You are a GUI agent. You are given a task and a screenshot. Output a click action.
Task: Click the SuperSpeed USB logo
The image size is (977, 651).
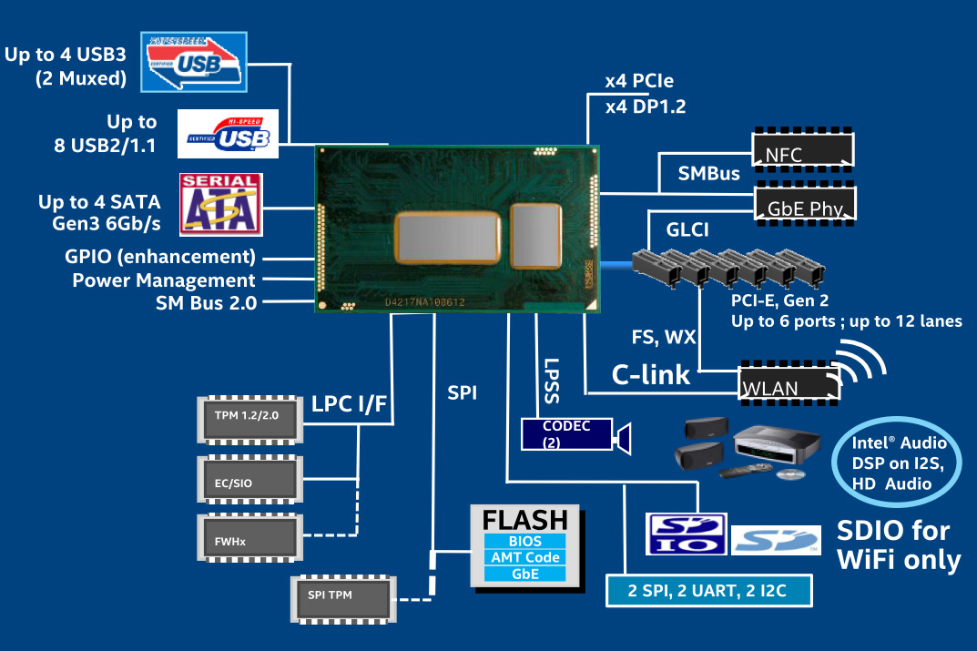pyautogui.click(x=194, y=61)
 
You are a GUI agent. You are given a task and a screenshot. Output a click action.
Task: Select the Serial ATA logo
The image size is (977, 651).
pyautogui.click(x=221, y=202)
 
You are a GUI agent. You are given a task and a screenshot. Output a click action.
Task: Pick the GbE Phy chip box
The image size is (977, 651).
pyautogui.click(x=805, y=206)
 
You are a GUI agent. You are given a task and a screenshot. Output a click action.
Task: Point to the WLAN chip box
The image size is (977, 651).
pyautogui.click(x=789, y=384)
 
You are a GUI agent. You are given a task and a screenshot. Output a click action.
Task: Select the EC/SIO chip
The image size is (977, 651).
pyautogui.click(x=249, y=481)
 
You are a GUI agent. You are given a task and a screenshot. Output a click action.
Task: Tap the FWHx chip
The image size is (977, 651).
pyautogui.click(x=249, y=540)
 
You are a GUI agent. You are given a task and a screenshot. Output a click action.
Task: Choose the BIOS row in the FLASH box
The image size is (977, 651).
pyautogui.click(x=524, y=542)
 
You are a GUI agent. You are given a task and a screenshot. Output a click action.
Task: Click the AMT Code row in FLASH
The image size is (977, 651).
pyautogui.click(x=524, y=557)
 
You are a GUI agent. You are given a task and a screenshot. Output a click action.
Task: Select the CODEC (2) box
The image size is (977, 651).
pyautogui.click(x=566, y=434)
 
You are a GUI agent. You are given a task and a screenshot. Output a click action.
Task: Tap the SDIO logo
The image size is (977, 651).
pyautogui.click(x=687, y=534)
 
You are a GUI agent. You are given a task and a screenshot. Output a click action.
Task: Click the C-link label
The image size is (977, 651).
pyautogui.click(x=650, y=375)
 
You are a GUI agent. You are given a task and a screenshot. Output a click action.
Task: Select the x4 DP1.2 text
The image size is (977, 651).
pyautogui.click(x=646, y=107)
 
